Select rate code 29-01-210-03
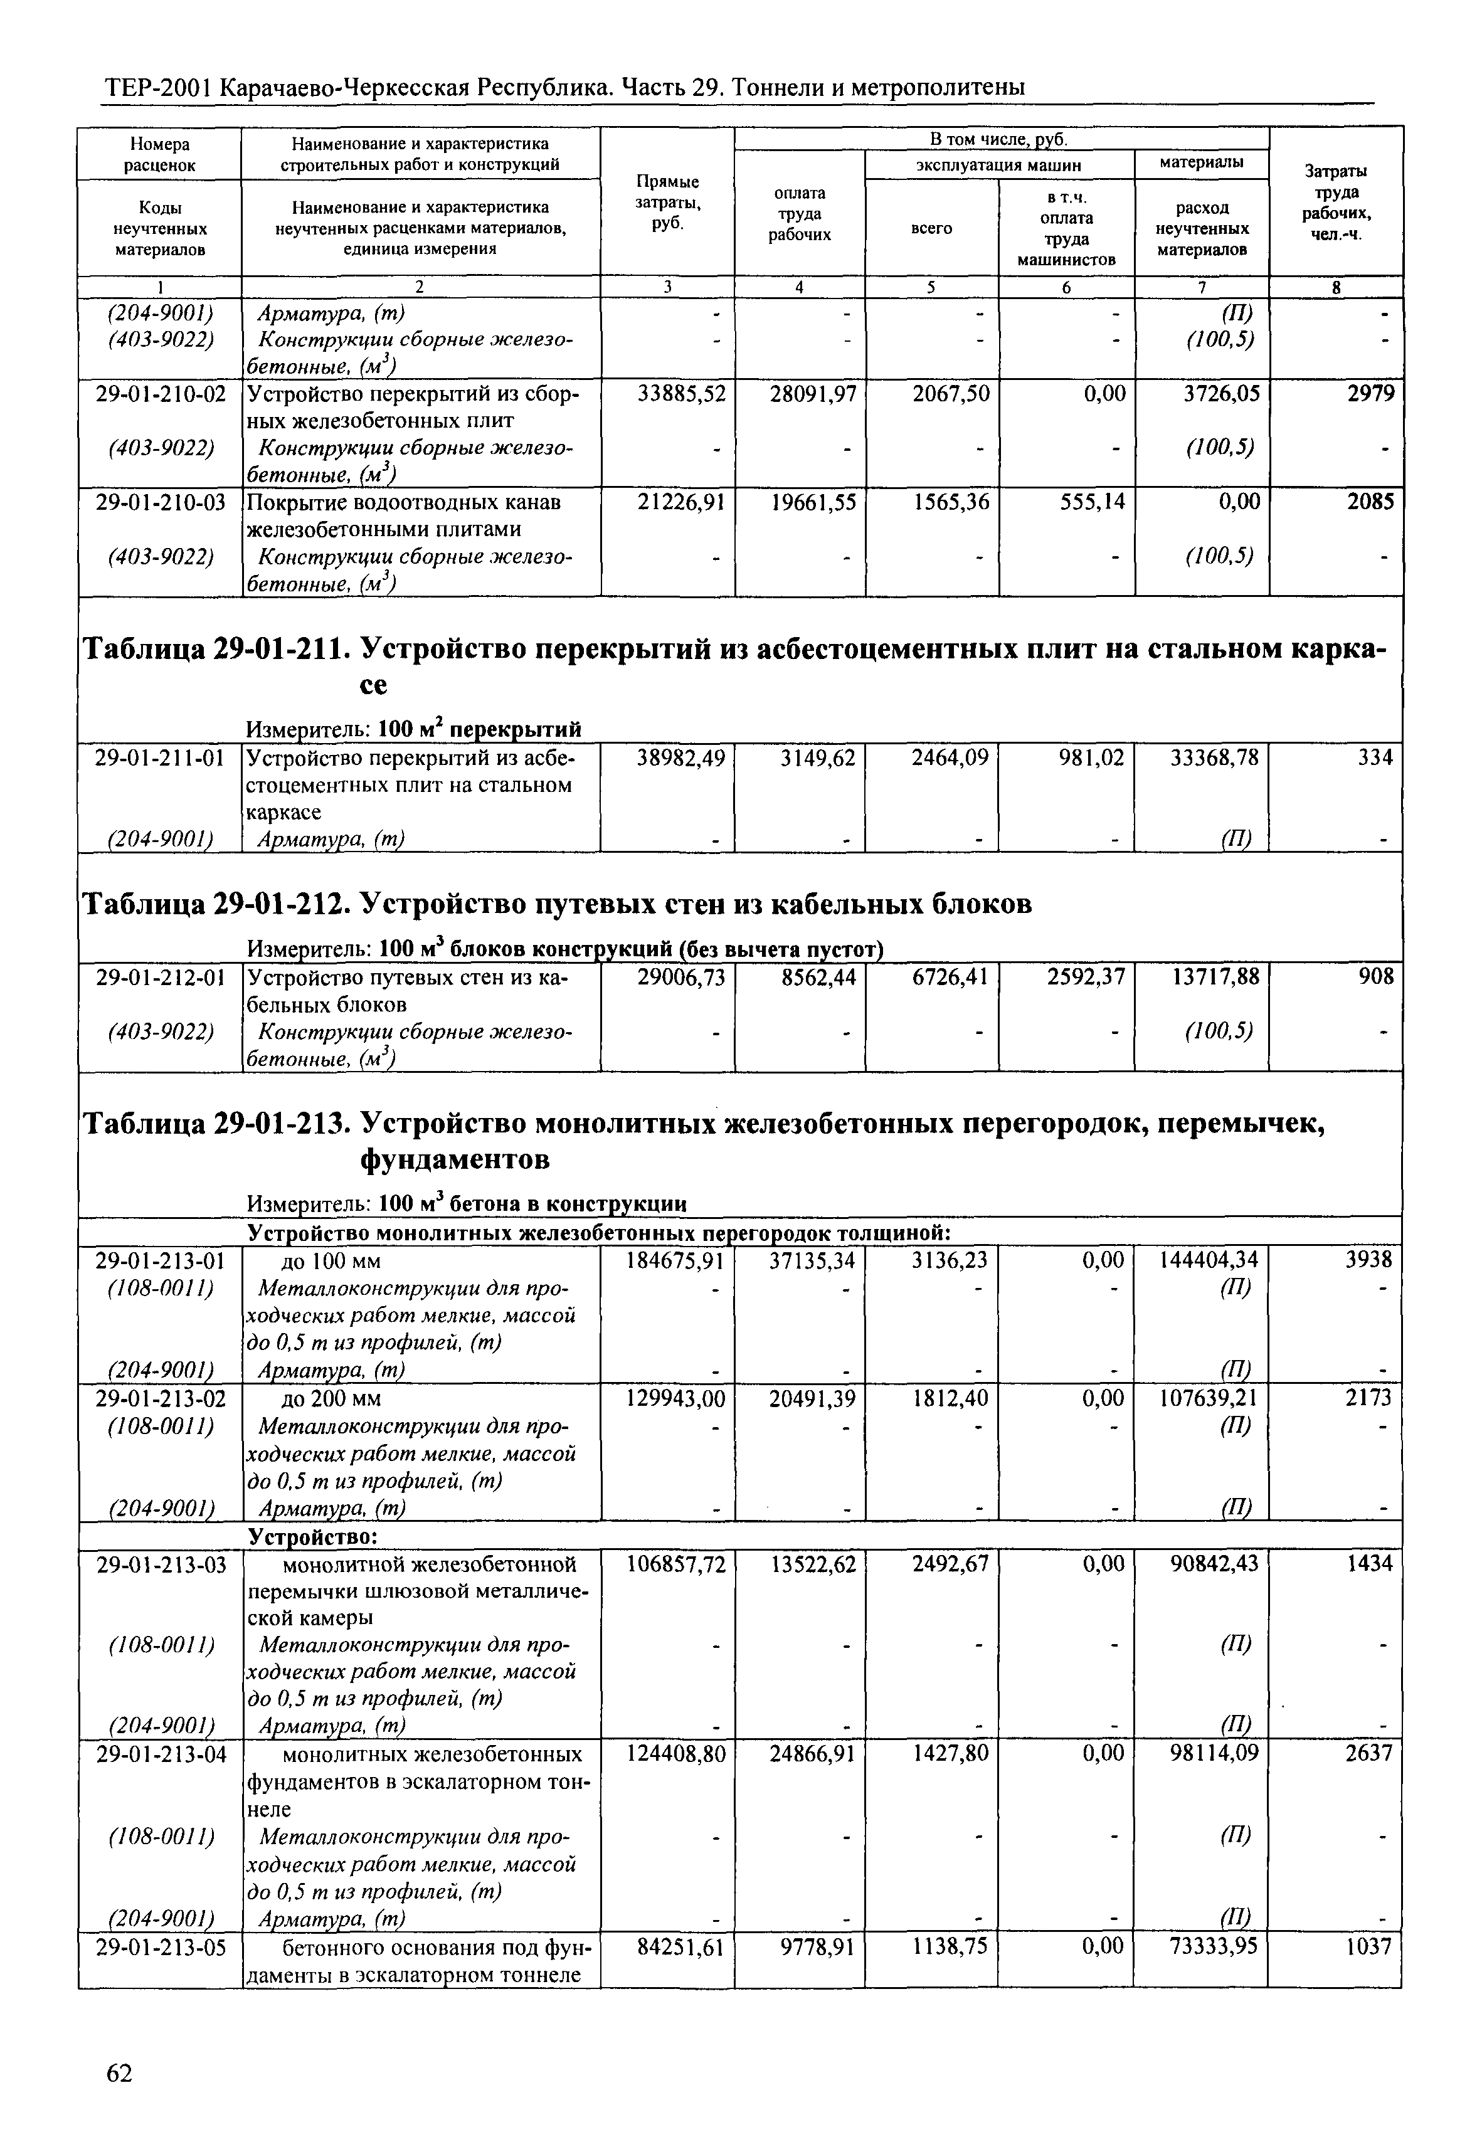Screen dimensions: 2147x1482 coord(161,502)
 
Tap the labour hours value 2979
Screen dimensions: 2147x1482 coord(1370,394)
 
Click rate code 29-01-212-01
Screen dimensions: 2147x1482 coord(161,978)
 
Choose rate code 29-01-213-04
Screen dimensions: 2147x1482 coord(161,1754)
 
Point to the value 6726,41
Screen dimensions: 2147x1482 coord(950,978)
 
